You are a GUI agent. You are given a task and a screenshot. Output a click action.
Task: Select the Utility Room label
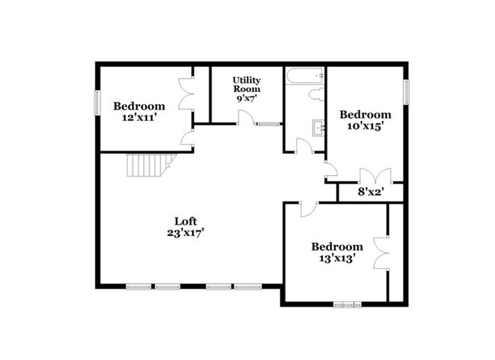point(246,84)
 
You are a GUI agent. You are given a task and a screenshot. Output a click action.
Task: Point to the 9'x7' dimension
point(246,98)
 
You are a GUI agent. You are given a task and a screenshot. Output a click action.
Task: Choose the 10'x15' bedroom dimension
point(360,126)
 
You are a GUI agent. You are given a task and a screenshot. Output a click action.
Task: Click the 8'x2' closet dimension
point(370,193)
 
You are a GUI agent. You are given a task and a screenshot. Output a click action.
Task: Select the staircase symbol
point(149,164)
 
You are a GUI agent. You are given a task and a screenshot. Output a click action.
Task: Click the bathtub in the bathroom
point(304,75)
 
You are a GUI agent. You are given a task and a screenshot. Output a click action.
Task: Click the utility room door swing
point(246,117)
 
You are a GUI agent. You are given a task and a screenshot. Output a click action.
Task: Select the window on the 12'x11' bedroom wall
point(97,103)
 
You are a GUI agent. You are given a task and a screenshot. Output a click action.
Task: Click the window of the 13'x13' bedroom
point(349,304)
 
